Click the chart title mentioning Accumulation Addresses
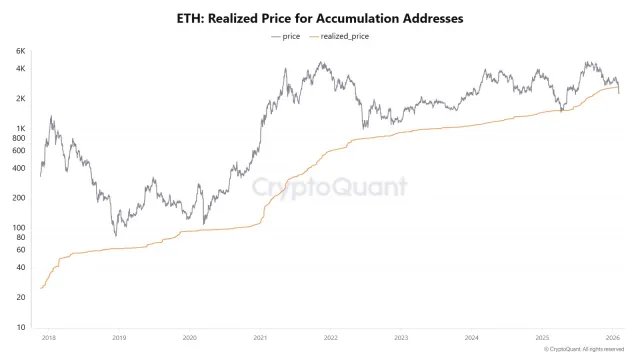pyautogui.click(x=320, y=18)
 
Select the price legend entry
pyautogui.click(x=288, y=36)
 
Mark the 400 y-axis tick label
pyautogui.click(x=19, y=168)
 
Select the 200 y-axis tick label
pyautogui.click(x=19, y=198)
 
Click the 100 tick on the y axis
pyautogui.click(x=19, y=228)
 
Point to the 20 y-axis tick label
pyautogui.click(x=21, y=298)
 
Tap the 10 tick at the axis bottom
pyautogui.click(x=21, y=328)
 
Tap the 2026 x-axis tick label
pyautogui.click(x=613, y=338)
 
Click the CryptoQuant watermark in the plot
pyautogui.click(x=328, y=187)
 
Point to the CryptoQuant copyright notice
pyautogui.click(x=589, y=350)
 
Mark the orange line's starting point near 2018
pyautogui.click(x=41, y=288)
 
